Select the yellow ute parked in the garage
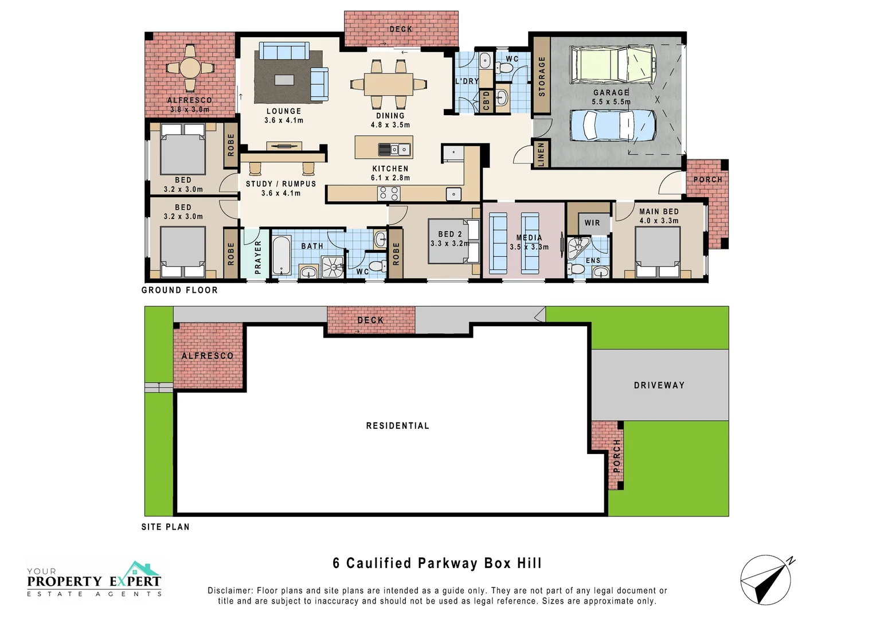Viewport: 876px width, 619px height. (612, 65)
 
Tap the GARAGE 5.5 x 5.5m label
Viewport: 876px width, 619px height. (611, 97)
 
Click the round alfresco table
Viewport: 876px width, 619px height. (190, 68)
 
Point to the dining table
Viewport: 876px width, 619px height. (388, 84)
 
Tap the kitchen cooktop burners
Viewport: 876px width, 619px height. (389, 194)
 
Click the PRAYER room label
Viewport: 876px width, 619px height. (257, 257)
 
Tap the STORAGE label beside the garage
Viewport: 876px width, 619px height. (542, 76)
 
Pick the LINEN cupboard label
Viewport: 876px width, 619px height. (541, 154)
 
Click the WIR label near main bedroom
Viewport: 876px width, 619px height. (592, 223)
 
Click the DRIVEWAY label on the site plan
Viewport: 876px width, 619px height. (659, 385)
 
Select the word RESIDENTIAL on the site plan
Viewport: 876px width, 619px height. (397, 426)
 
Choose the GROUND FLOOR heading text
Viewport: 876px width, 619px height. (179, 290)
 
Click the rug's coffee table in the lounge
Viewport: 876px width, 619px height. (284, 80)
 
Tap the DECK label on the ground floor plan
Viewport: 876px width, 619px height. (401, 29)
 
